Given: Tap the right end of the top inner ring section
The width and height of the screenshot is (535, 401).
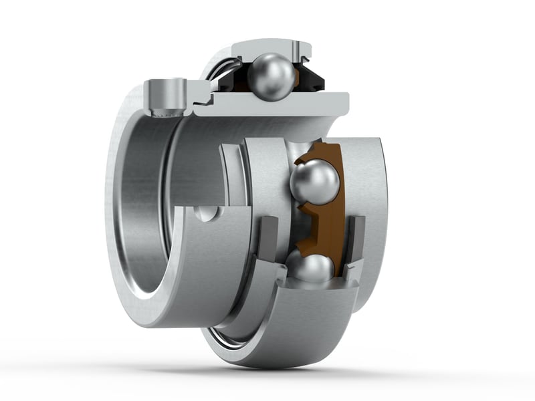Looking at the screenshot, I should click(x=341, y=102).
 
